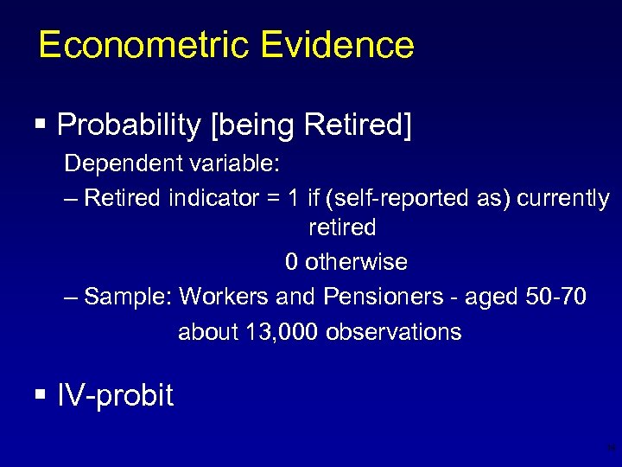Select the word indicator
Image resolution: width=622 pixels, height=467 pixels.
coord(207,199)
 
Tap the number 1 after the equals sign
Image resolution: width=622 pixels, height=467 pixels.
coord(294,199)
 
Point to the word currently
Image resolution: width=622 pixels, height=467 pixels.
coord(563,199)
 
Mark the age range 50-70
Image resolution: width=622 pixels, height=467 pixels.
coord(555,297)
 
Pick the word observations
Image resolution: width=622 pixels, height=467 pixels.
coord(393,332)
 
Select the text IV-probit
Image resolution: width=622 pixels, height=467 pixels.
coord(115,396)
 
